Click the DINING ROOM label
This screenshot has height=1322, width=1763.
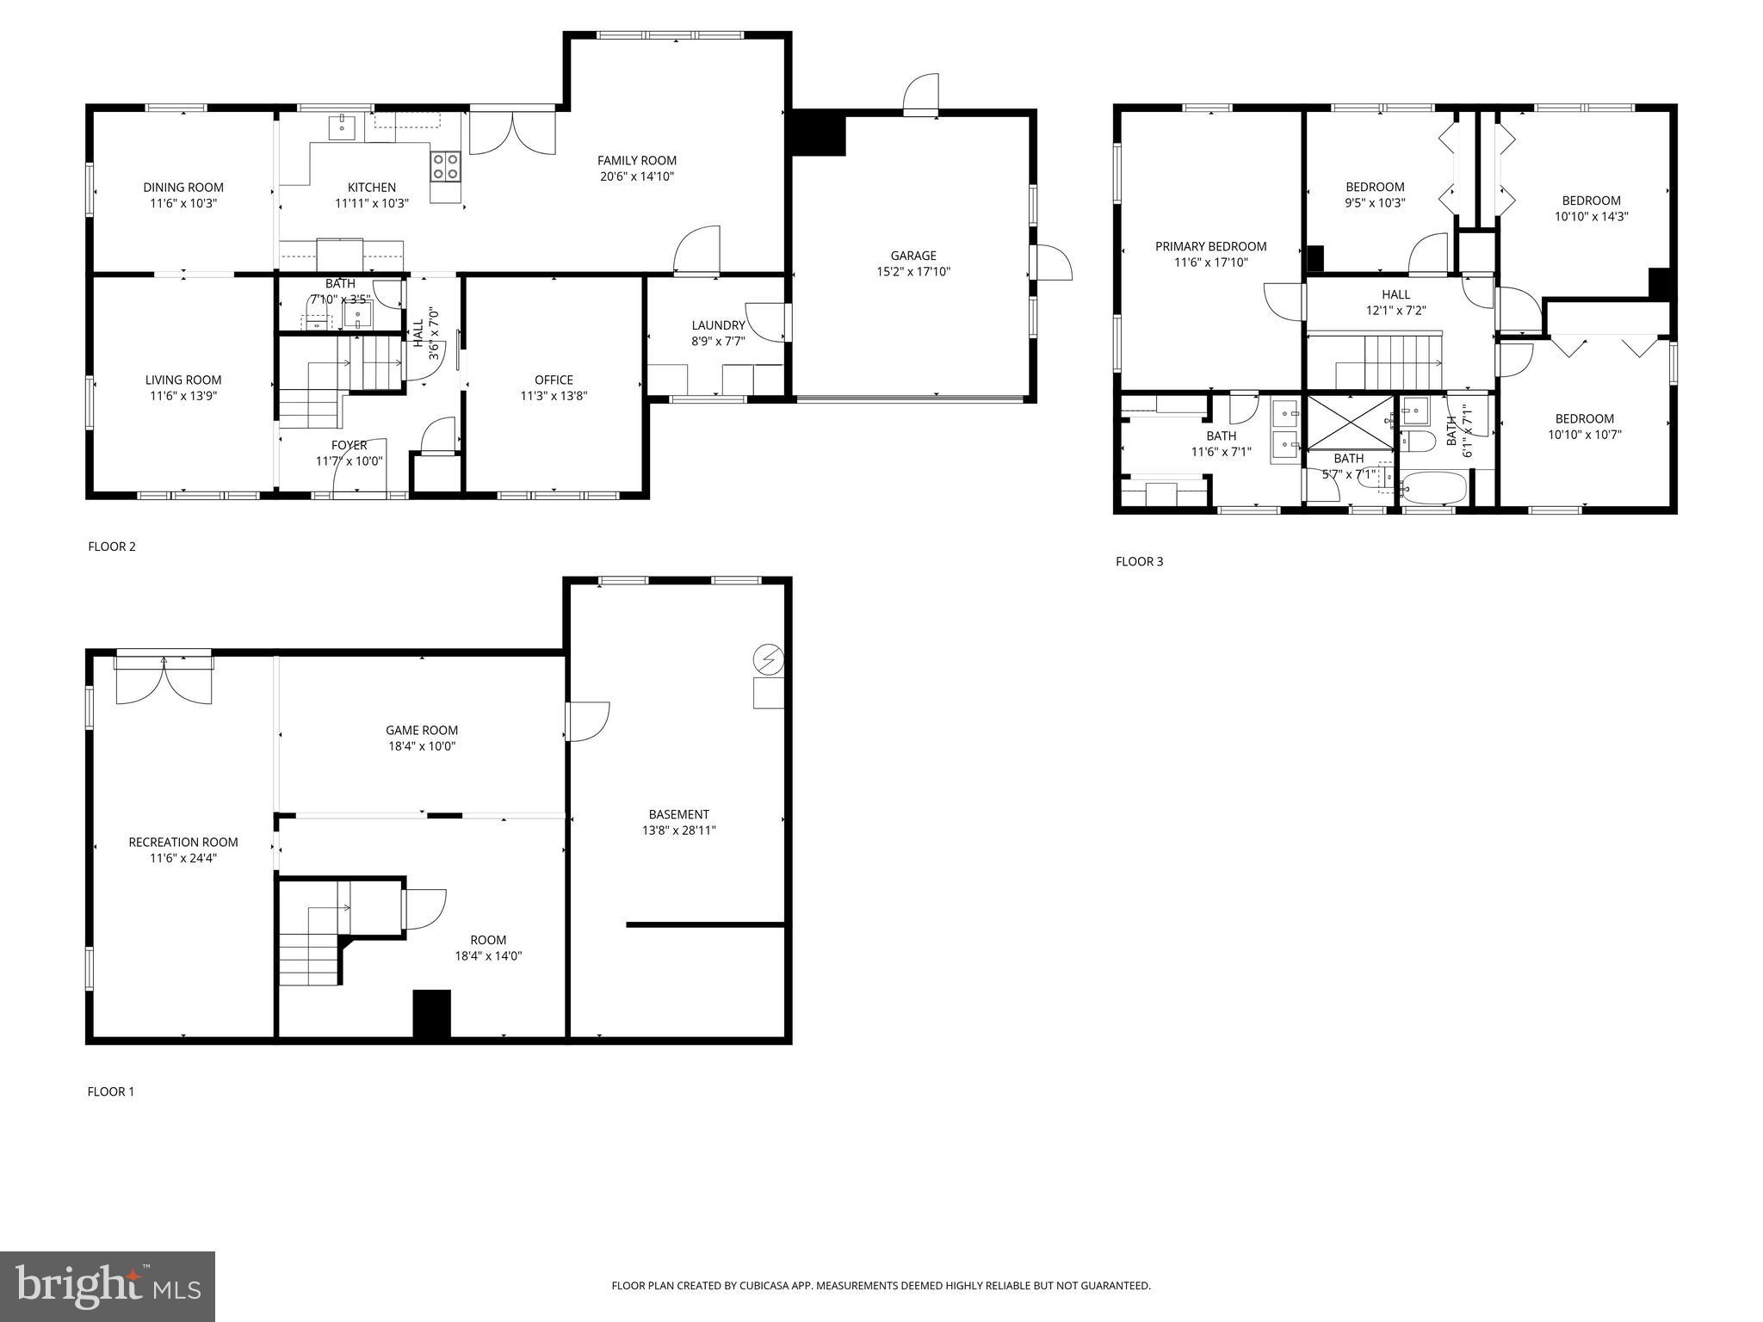pyautogui.click(x=182, y=188)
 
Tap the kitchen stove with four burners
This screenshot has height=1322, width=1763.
pyautogui.click(x=445, y=166)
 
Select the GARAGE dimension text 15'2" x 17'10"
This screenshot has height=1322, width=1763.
pyautogui.click(x=912, y=272)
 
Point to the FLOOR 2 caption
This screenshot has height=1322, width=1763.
pyautogui.click(x=112, y=547)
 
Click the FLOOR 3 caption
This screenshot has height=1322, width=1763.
pyautogui.click(x=1139, y=562)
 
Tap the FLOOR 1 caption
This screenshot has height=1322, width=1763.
pyautogui.click(x=111, y=1092)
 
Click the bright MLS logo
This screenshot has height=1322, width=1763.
pyautogui.click(x=108, y=1285)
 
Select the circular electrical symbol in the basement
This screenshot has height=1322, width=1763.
pyautogui.click(x=768, y=660)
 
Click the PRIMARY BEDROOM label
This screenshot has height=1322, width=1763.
pyautogui.click(x=1210, y=247)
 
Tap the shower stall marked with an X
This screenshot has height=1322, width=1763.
pyautogui.click(x=1349, y=423)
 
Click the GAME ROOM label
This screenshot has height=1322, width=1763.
pyautogui.click(x=422, y=731)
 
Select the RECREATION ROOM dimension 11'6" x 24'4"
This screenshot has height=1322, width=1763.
pyautogui.click(x=182, y=858)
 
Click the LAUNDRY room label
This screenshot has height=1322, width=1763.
pyautogui.click(x=718, y=325)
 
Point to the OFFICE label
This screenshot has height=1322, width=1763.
pyautogui.click(x=554, y=380)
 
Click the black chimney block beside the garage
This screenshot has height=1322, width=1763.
pyautogui.click(x=818, y=134)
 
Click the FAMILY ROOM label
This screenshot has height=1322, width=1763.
pyautogui.click(x=637, y=161)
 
